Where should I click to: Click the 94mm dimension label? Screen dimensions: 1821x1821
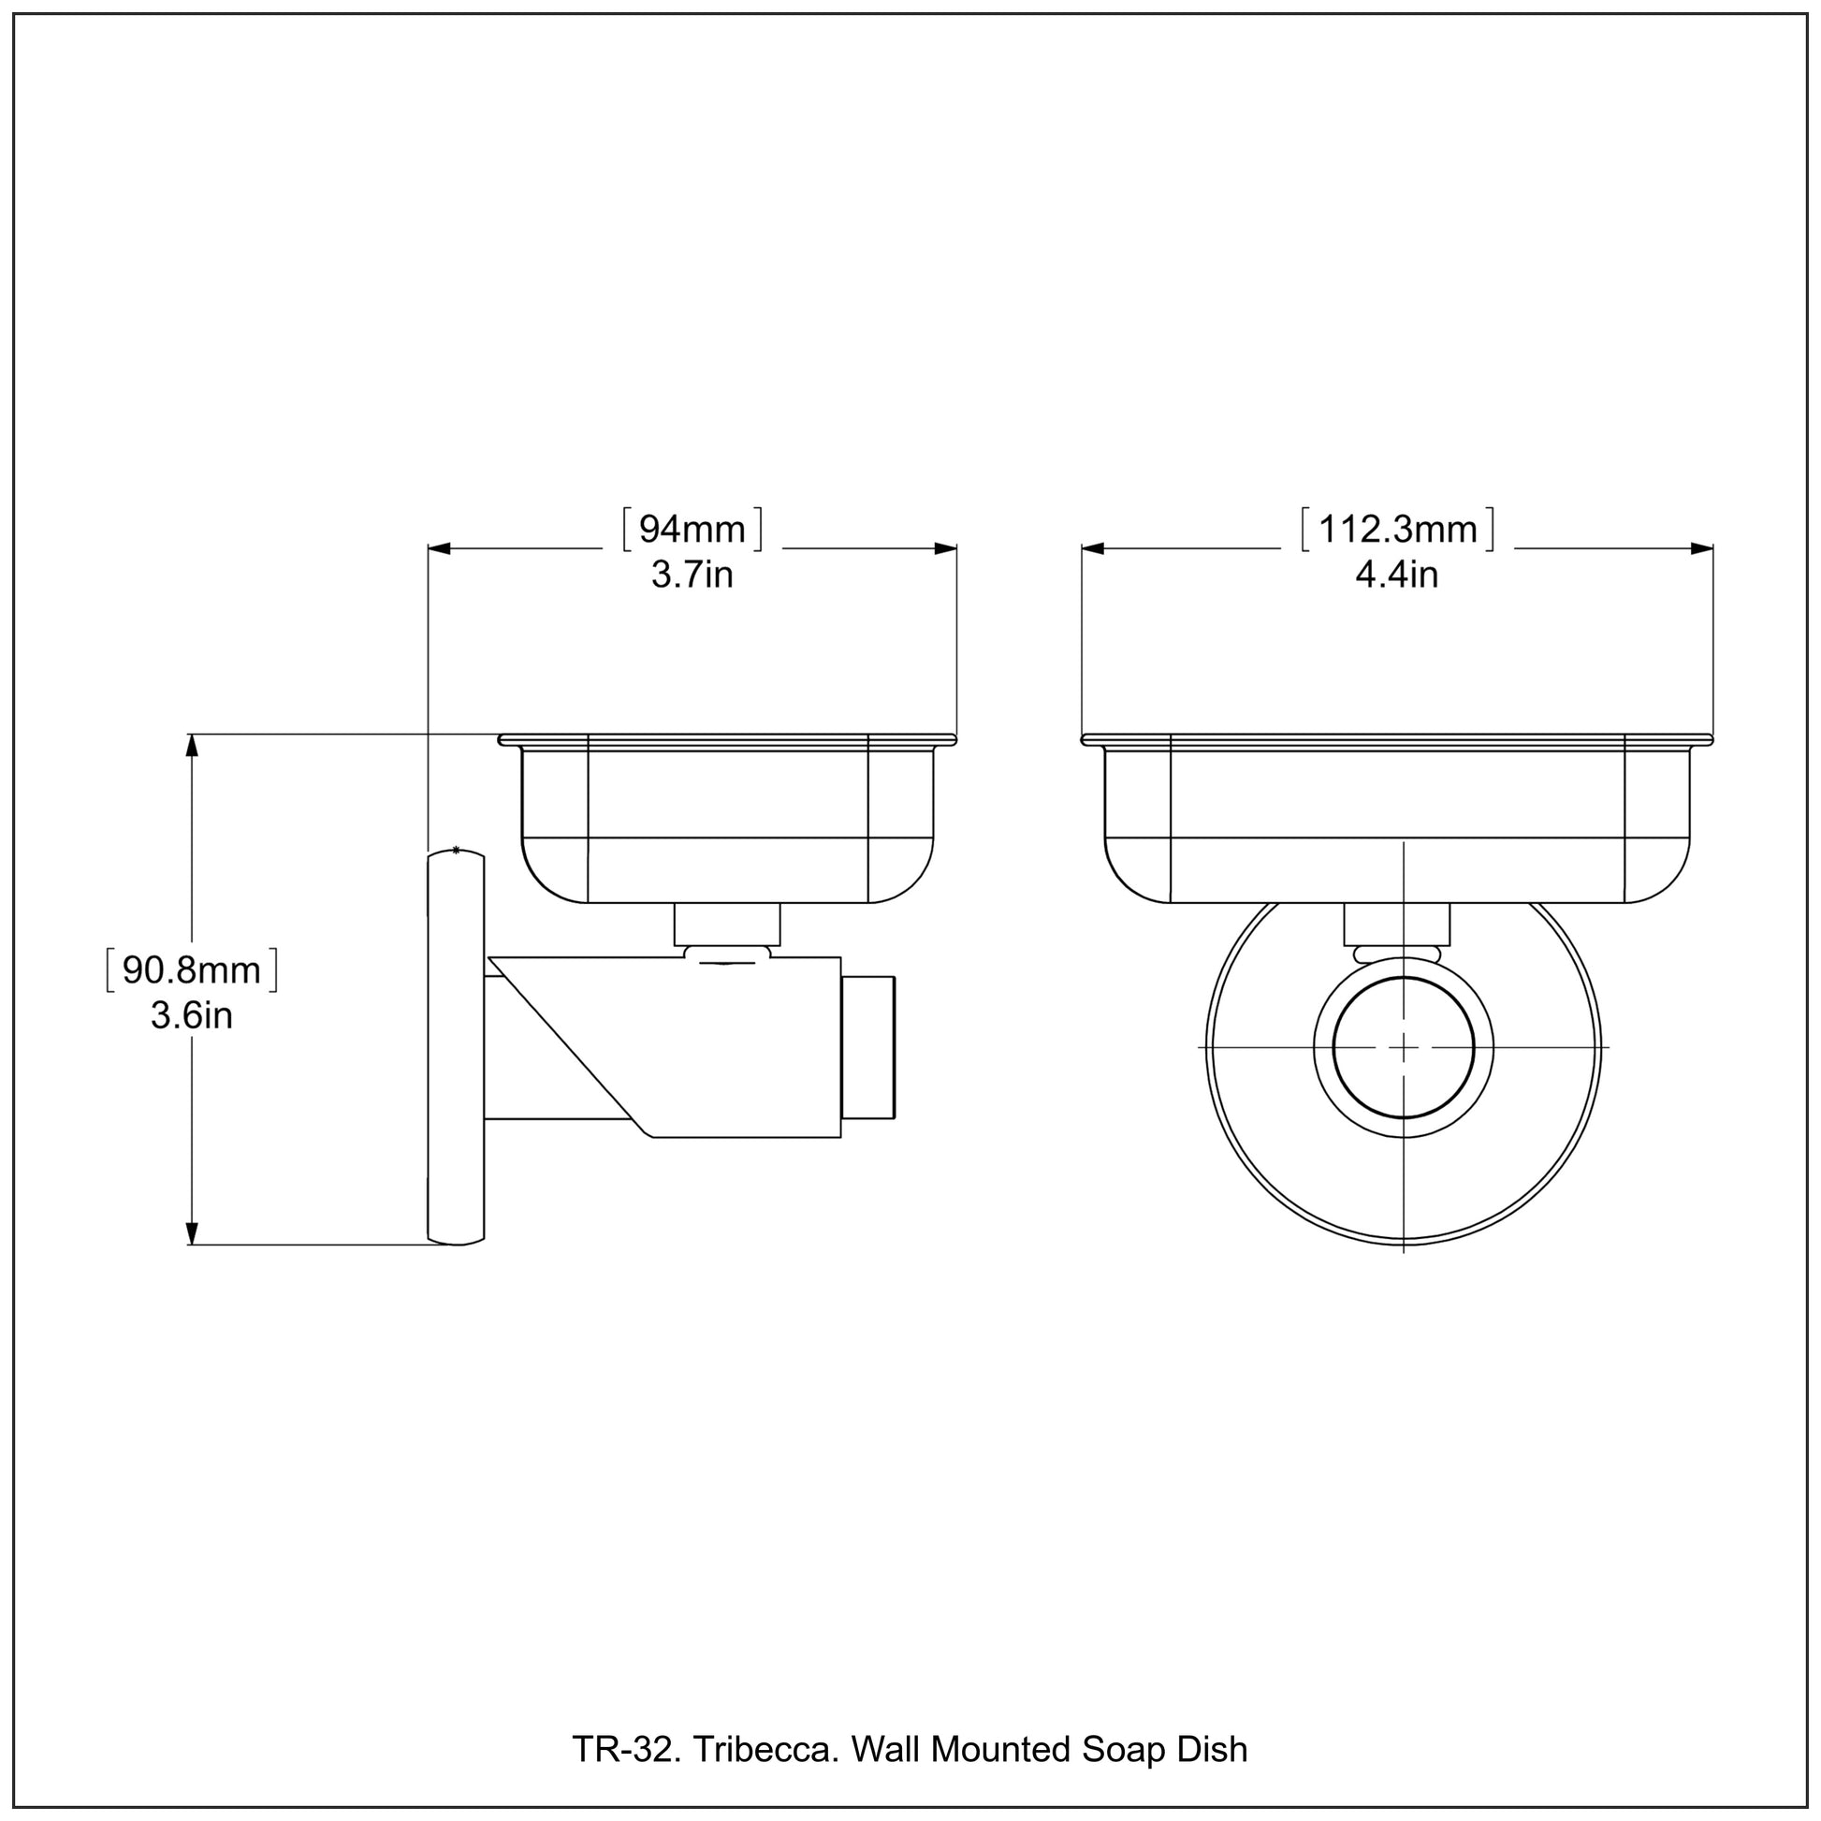tap(692, 530)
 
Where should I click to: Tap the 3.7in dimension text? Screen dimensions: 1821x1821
tap(692, 574)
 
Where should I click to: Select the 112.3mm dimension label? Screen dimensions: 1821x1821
tap(1397, 530)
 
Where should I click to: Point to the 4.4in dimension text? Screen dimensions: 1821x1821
tap(1397, 574)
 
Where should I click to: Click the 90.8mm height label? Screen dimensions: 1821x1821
tap(191, 970)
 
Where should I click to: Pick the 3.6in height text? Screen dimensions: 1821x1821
tap(191, 1015)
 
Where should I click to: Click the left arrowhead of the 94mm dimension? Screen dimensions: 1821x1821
tap(440, 548)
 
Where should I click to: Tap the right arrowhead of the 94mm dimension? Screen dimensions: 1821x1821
tap(945, 548)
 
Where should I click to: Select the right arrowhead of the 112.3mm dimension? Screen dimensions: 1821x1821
tap(1701, 548)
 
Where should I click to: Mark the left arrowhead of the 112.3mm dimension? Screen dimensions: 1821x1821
tap(1093, 548)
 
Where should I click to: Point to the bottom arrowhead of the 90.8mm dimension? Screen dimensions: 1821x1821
tap(192, 1232)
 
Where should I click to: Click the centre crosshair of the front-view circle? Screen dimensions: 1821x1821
tap(1404, 1047)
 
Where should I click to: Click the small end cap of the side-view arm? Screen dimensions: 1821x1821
tap(868, 1048)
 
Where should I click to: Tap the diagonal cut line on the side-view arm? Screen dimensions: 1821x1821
tap(565, 1046)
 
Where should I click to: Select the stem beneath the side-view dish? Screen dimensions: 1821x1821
tap(727, 925)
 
